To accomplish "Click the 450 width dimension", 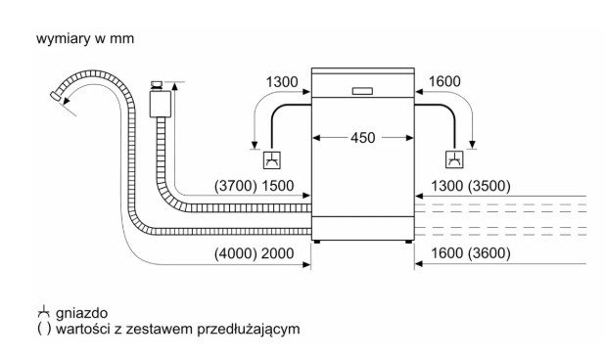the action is pos(362,138).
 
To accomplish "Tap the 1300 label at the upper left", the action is pos(282,82).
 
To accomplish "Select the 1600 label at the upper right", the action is pos(444,82).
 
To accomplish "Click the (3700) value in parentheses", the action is pos(236,186).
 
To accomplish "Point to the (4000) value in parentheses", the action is pos(236,253).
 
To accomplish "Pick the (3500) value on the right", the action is pos(489,186).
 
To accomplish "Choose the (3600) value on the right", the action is pos(489,253).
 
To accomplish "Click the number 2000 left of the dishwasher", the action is pos(278,253).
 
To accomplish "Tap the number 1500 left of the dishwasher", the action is pos(278,186).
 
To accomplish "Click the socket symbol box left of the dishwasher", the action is pos(271,160).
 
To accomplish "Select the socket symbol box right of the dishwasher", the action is pos(454,160).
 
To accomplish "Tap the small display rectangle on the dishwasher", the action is pos(362,91).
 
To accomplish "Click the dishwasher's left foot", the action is pos(317,242).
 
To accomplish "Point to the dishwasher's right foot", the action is pos(408,242).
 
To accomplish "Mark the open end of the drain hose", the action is pos(55,96).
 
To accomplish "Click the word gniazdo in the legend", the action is pos(81,313).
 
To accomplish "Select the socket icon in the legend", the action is pos(44,311).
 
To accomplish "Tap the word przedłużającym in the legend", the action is pos(249,329).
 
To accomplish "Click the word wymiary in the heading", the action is pos(64,39).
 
